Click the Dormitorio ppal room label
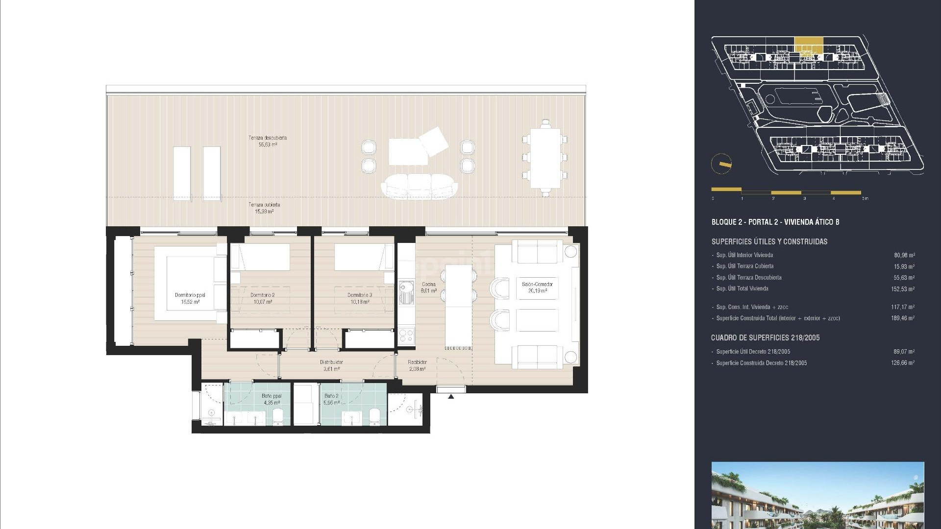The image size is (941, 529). point(190,298)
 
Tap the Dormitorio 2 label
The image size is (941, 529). point(262,298)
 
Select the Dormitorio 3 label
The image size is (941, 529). point(359,298)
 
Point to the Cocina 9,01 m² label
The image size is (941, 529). point(429,288)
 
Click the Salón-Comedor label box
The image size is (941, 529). point(537,288)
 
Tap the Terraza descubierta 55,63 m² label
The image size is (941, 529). point(268,141)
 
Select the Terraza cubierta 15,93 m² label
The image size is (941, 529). point(264,208)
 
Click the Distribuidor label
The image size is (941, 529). point(331,365)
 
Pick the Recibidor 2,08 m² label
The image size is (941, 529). point(417,365)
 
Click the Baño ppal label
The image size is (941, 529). point(272,399)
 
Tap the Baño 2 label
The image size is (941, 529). point(331,399)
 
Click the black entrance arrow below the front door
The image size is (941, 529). point(451,397)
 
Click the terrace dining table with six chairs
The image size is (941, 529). point(545,158)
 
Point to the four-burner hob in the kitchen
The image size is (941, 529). point(406,336)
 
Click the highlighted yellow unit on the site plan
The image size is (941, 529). point(809,45)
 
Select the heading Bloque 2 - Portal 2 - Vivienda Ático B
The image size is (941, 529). point(775,222)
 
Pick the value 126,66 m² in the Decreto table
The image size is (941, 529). point(902,363)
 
